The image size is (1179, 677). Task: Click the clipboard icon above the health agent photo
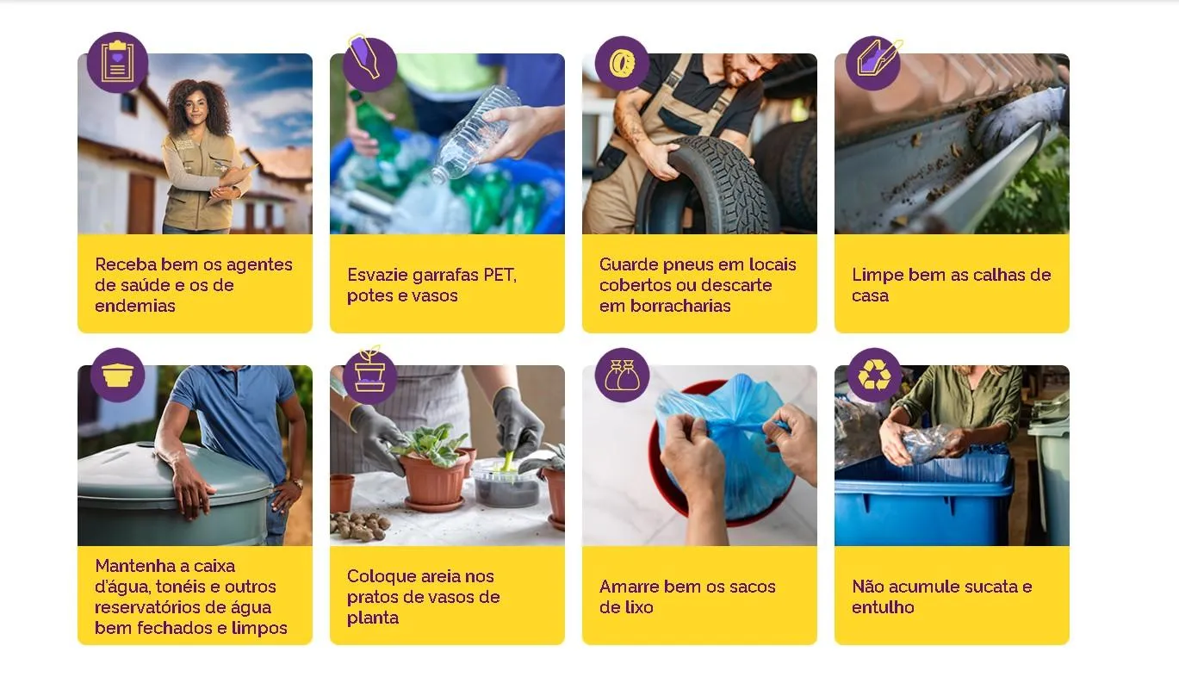pyautogui.click(x=117, y=62)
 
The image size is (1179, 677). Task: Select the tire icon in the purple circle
pyautogui.click(x=621, y=62)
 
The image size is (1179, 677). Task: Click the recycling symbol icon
pyautogui.click(x=873, y=375)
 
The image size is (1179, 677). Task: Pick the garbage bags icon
pyautogui.click(x=621, y=375)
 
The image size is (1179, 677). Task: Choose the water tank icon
pyautogui.click(x=117, y=375)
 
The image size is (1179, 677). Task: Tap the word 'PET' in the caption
pyautogui.click(x=499, y=275)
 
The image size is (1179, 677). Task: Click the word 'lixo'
pyautogui.click(x=639, y=607)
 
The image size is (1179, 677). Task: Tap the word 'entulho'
pyautogui.click(x=883, y=607)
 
